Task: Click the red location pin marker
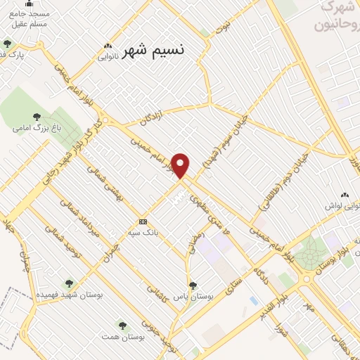tap(181, 166)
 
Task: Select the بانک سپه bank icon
tap(143, 221)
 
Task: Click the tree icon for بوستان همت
tap(122, 326)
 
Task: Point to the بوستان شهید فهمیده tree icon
tap(69, 283)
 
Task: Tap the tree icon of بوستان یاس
tap(193, 285)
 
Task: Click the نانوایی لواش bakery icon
tap(345, 195)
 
